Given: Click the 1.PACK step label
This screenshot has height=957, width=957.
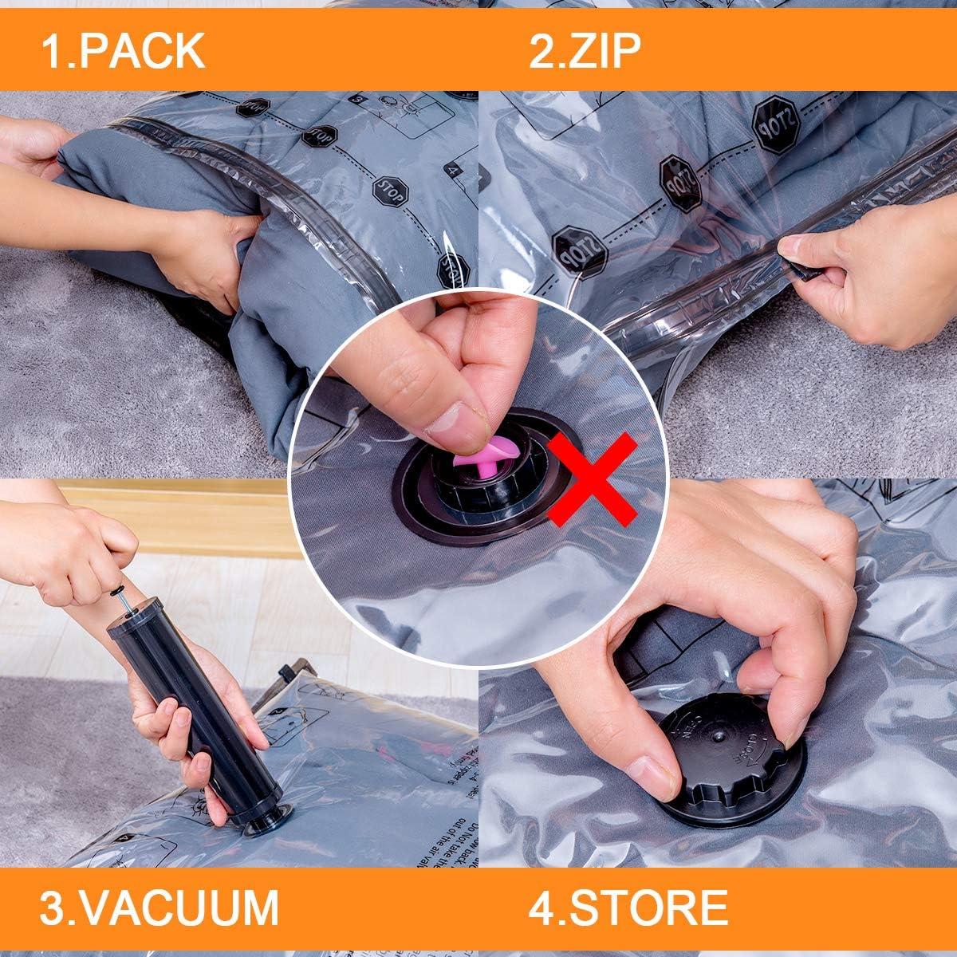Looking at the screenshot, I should point(124,49).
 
